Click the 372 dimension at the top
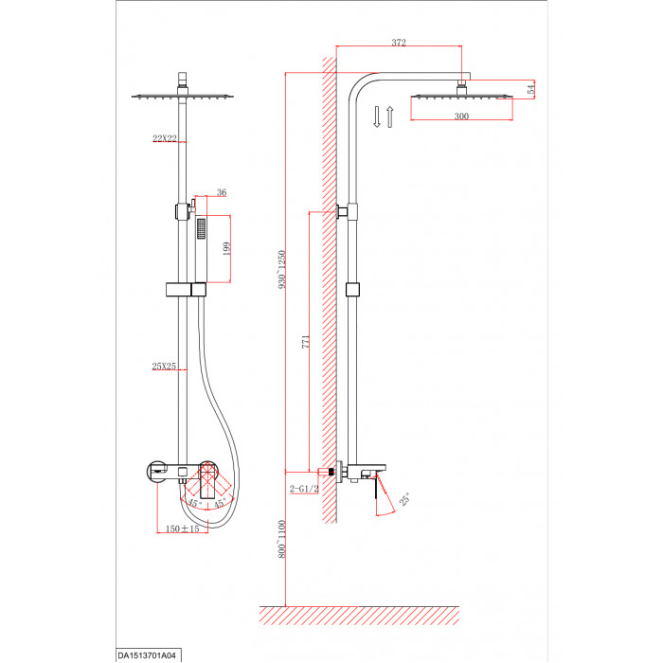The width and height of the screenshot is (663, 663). [x=399, y=43]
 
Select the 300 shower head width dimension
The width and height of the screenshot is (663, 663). [x=461, y=116]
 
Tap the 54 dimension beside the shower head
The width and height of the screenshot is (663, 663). [x=531, y=89]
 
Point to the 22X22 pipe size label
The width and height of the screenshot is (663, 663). [x=165, y=138]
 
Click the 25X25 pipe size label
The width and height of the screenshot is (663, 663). [x=164, y=367]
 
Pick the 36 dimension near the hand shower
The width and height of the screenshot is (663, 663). [x=222, y=192]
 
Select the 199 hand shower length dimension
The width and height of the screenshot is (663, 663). [x=226, y=248]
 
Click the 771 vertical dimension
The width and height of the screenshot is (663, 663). [x=306, y=342]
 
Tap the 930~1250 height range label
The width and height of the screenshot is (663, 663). [x=282, y=270]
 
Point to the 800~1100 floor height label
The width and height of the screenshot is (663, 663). [x=282, y=539]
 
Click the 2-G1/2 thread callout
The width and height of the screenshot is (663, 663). [x=304, y=489]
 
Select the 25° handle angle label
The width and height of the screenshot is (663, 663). [x=404, y=499]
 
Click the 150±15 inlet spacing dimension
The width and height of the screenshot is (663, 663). [x=182, y=529]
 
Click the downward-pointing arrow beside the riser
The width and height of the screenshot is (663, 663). [x=377, y=116]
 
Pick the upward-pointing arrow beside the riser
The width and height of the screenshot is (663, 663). [x=390, y=116]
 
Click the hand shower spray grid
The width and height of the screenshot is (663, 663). [x=201, y=229]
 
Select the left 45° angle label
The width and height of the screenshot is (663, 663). [x=195, y=504]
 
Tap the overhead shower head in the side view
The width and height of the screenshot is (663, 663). [x=462, y=97]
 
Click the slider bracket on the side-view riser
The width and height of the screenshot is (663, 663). [x=352, y=290]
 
